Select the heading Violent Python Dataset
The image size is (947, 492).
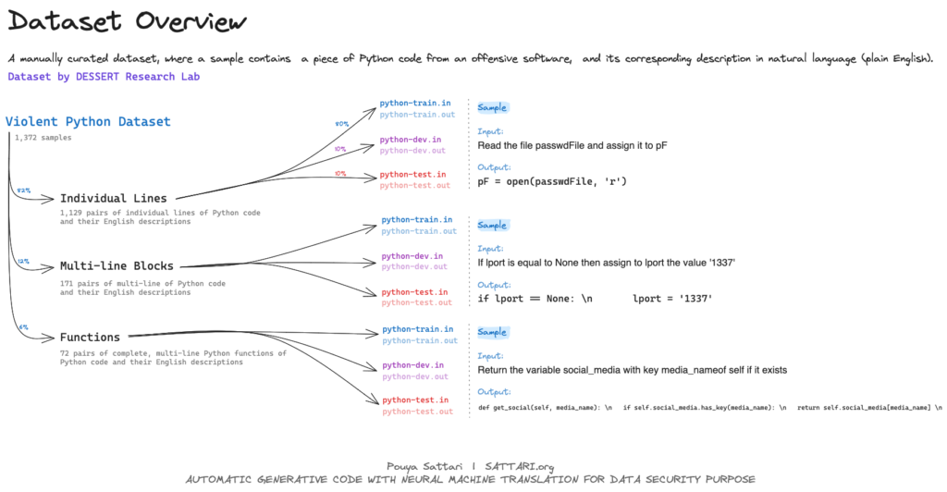point(88,122)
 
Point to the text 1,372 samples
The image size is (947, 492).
point(43,138)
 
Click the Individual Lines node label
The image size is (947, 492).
point(114,198)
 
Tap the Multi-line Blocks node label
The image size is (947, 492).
point(117,265)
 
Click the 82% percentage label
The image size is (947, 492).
point(23,191)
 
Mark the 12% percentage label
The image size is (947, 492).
point(23,262)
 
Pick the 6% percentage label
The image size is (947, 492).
point(23,327)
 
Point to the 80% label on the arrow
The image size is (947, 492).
point(340,122)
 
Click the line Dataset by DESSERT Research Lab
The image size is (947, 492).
point(104,77)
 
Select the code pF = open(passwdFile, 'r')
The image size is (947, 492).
point(552,181)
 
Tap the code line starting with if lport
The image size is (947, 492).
point(596,299)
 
